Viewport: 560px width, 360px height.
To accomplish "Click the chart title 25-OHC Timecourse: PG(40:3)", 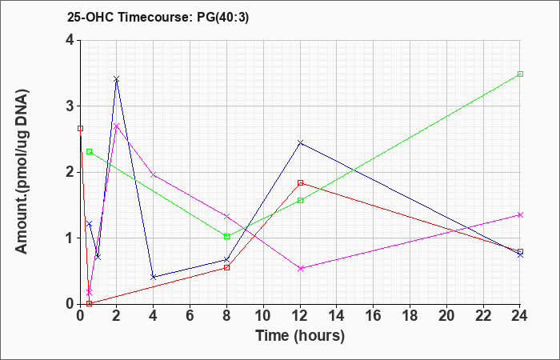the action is (x=158, y=17).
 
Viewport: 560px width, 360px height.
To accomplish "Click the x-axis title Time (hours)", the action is (x=300, y=336).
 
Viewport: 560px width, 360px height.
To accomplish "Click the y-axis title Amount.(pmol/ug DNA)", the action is (x=22, y=171).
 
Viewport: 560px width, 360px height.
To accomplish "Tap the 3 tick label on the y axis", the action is (x=70, y=106).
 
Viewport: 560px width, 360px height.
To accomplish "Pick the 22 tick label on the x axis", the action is (x=483, y=315).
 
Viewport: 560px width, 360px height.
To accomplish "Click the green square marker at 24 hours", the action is (x=520, y=74).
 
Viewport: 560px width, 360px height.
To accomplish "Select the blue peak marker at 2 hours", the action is (x=117, y=79).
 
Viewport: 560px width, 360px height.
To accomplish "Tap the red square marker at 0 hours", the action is (x=80, y=128).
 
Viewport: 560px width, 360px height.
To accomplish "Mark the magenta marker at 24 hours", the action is (x=520, y=214).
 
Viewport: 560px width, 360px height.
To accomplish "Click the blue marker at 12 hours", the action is (x=300, y=142).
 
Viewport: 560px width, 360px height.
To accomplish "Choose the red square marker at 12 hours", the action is (x=300, y=183).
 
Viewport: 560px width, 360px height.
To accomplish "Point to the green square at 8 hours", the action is (x=226, y=237).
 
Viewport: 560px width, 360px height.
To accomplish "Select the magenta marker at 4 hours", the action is (x=154, y=174).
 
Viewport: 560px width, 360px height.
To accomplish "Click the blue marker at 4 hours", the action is (x=154, y=277).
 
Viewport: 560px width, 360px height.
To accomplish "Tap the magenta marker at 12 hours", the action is (x=300, y=268).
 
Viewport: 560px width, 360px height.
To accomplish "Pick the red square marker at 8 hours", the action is (x=226, y=267).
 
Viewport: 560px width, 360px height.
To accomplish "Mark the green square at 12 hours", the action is (x=300, y=200).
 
